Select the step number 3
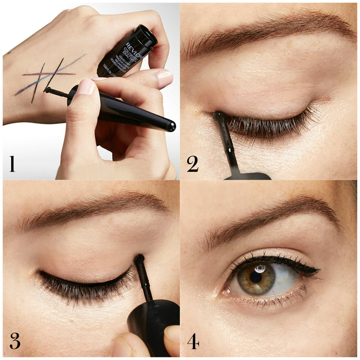pyautogui.click(x=15, y=341)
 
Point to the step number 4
pyautogui.click(x=193, y=341)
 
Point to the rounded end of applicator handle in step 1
pyautogui.click(x=172, y=126)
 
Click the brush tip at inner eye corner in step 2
pyautogui.click(x=218, y=115)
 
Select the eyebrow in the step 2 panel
pyautogui.click(x=267, y=35)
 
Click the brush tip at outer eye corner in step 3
pyautogui.click(x=139, y=259)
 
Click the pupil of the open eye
pyautogui.click(x=256, y=277)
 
